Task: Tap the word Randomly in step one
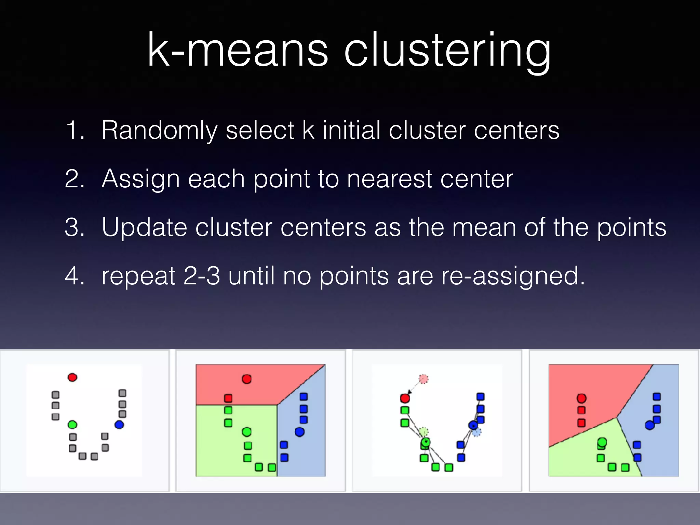click(159, 131)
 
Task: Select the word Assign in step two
click(140, 179)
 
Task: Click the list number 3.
click(74, 228)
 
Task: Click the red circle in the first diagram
click(72, 377)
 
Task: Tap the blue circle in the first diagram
click(119, 425)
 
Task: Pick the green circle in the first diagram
click(72, 425)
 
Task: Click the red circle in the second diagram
click(246, 379)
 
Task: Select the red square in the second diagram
click(228, 398)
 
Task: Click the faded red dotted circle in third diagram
click(423, 379)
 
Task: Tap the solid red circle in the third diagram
click(405, 398)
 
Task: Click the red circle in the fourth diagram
click(581, 398)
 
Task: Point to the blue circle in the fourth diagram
click(649, 426)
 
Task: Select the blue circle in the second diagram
click(299, 432)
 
